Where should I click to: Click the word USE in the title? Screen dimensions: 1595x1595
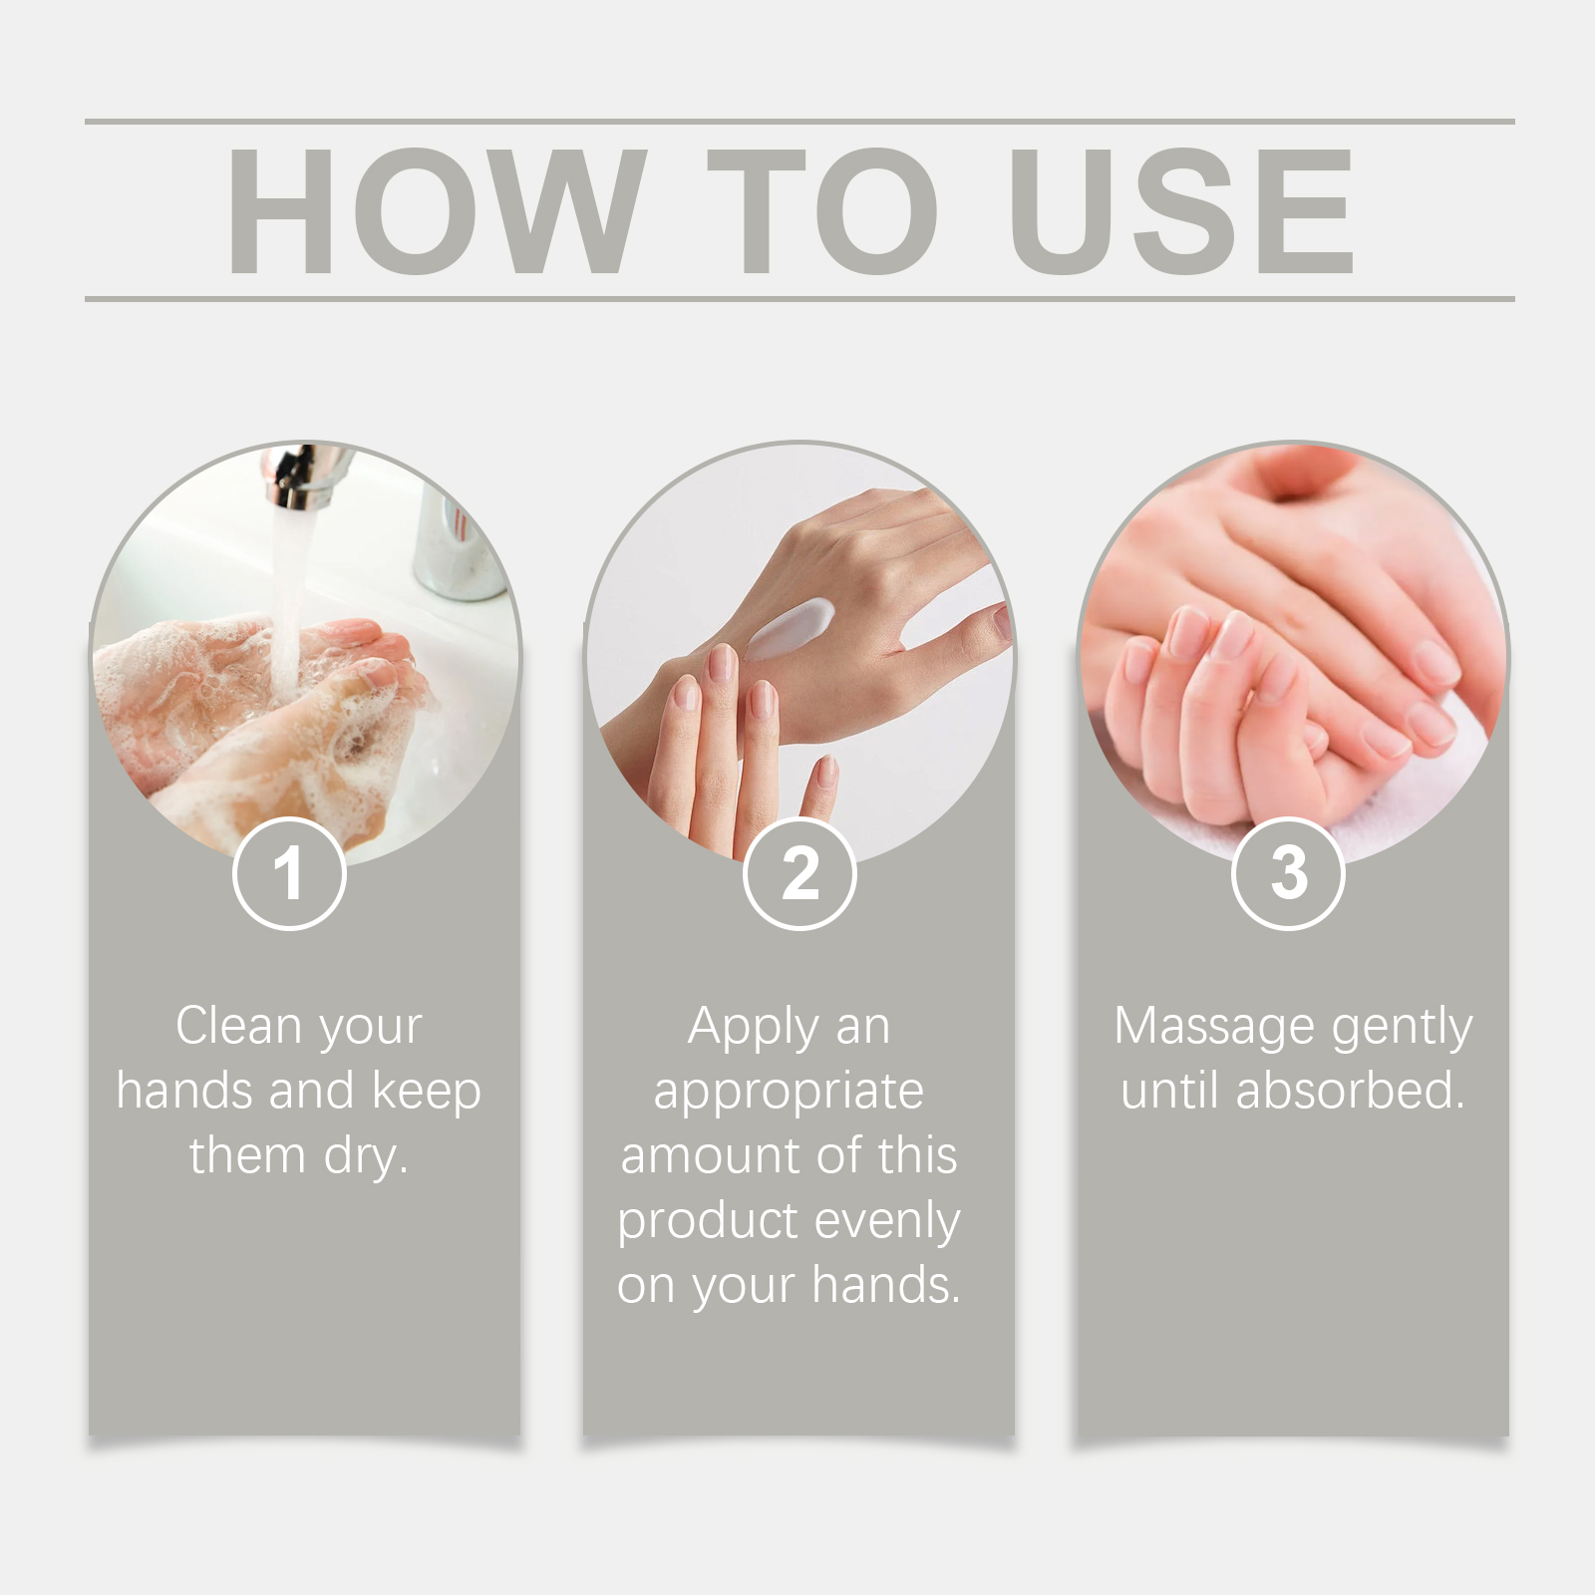point(1181,211)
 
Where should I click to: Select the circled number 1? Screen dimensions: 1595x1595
point(289,873)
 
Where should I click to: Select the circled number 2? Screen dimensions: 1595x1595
point(799,873)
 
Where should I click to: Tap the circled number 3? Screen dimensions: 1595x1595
point(1288,873)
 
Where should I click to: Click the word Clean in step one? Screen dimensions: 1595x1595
point(238,1026)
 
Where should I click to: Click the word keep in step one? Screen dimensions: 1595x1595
point(426,1092)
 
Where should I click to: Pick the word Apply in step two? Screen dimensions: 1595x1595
point(753,1028)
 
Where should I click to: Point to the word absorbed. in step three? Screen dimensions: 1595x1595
point(1350,1091)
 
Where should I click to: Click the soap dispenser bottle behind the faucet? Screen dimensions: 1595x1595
point(454,548)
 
